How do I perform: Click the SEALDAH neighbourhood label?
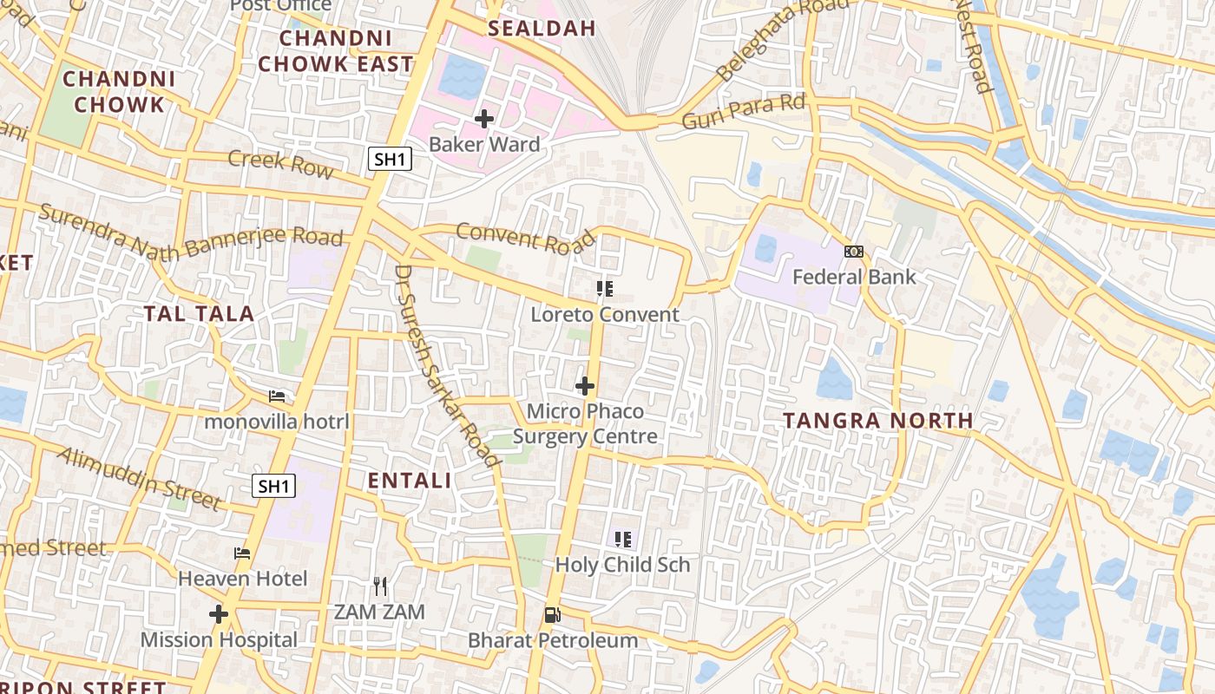tap(542, 28)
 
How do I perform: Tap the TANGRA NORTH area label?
tap(877, 421)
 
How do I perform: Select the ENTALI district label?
tap(410, 481)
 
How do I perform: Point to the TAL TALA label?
tap(200, 314)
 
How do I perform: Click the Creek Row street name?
tap(280, 162)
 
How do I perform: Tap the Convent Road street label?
tap(526, 239)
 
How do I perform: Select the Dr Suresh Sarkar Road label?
tap(447, 366)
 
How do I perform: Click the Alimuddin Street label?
tap(139, 479)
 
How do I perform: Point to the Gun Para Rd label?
tap(745, 112)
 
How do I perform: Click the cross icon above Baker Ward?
tap(484, 118)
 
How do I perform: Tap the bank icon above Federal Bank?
tap(854, 252)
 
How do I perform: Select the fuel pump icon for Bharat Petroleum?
tap(552, 615)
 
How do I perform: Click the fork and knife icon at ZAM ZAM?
tap(379, 586)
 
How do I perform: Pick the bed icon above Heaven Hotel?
tap(242, 553)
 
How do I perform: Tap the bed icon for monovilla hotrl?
tap(277, 396)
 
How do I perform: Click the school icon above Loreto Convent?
tap(605, 288)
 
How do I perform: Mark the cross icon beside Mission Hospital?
tap(219, 614)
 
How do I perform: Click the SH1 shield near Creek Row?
tap(390, 159)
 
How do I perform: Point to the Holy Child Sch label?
tap(622, 565)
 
